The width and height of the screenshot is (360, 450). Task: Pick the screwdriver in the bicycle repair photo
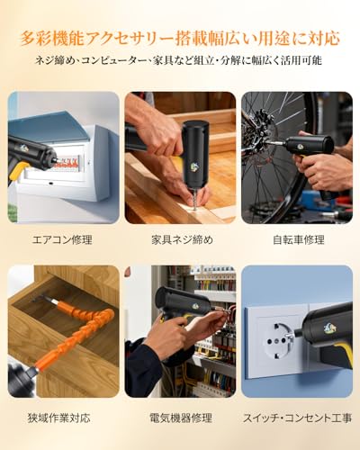tap(310, 144)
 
